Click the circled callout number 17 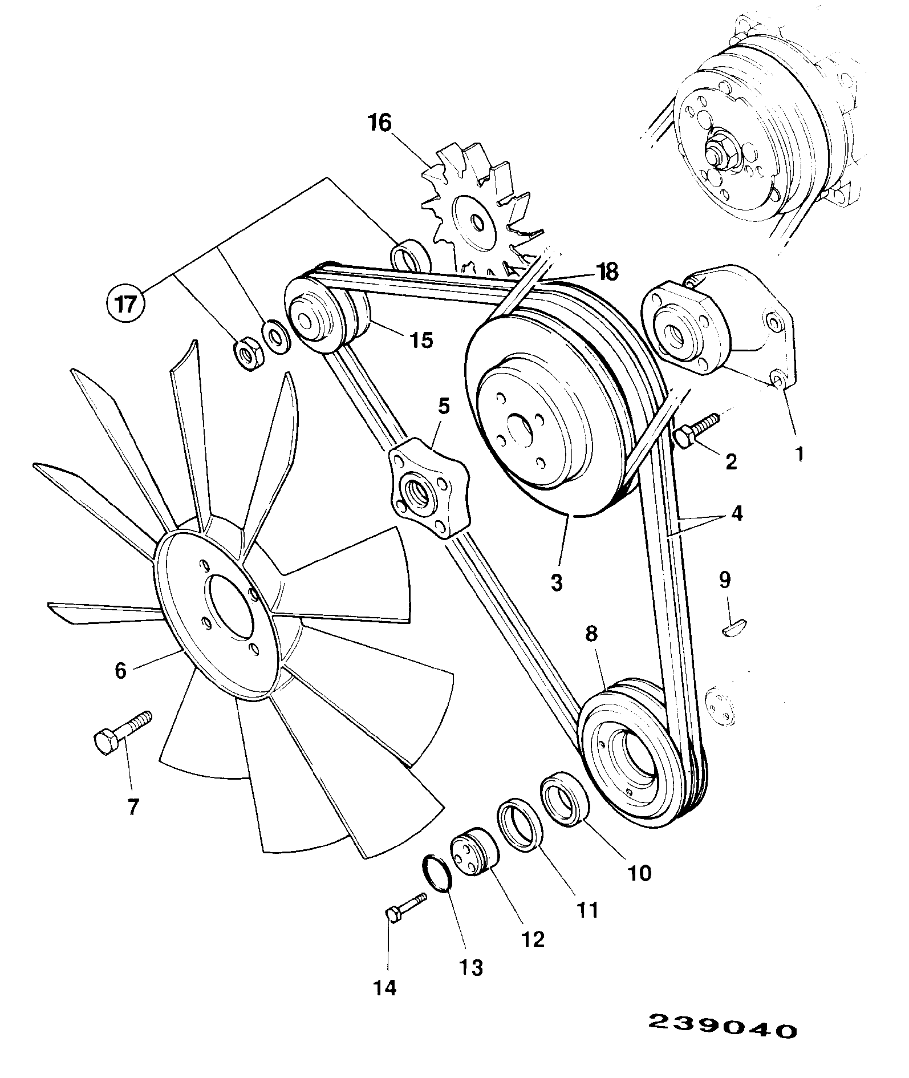point(126,303)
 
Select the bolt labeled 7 point(121,732)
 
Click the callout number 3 point(556,582)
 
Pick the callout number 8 point(591,634)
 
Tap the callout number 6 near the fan point(120,670)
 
